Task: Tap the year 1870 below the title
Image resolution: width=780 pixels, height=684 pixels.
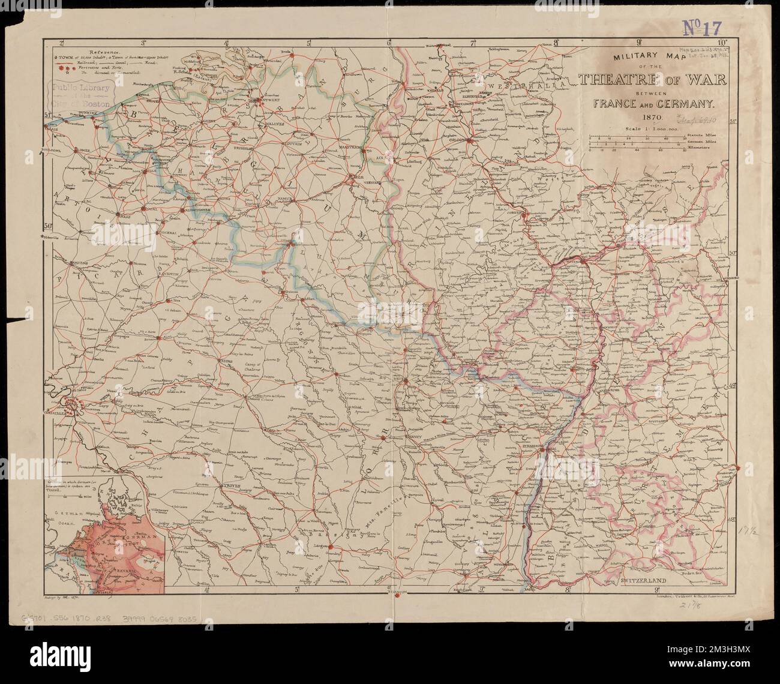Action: [x=634, y=118]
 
